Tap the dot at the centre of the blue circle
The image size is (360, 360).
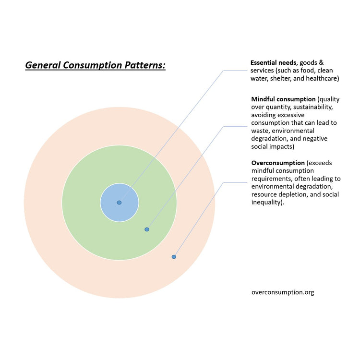[119, 203]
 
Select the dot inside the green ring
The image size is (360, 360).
[147, 229]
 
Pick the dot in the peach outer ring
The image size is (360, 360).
[174, 257]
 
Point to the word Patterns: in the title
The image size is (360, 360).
[144, 65]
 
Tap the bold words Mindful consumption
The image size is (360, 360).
[283, 99]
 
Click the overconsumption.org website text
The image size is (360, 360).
[282, 292]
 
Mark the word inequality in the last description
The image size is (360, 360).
[267, 202]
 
